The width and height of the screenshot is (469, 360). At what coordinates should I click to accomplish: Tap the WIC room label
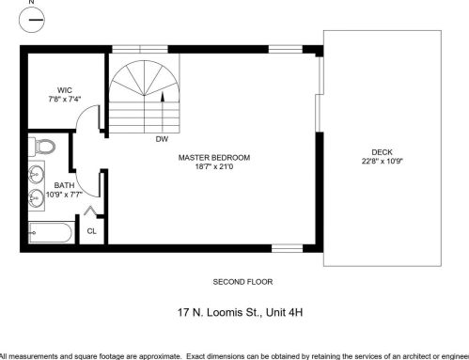coord(64,89)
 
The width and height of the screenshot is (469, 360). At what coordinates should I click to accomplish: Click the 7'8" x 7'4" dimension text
coord(64,99)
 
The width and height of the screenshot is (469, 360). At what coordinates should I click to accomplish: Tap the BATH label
coord(63,185)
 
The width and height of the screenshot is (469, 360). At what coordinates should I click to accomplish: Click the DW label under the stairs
coord(161,139)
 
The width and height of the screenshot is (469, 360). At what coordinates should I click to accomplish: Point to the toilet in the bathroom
coord(39,147)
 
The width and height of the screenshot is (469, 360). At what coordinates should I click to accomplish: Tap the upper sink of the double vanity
coord(37,174)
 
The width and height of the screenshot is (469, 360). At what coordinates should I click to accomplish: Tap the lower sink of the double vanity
coord(37,197)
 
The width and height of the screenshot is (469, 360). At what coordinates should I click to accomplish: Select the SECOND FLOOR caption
coord(242,282)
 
